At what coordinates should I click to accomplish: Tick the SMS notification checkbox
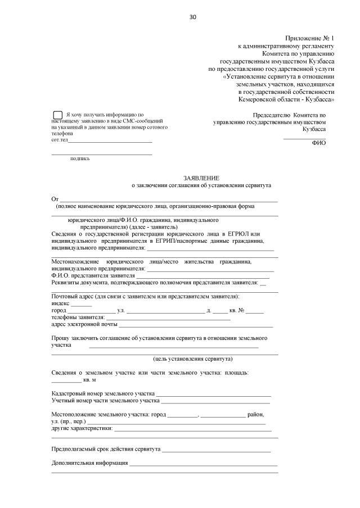57,115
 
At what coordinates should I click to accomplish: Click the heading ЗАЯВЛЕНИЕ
201,177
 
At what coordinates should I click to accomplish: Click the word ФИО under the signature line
318,143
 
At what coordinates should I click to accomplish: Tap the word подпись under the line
80,158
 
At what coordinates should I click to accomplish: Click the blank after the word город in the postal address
91,311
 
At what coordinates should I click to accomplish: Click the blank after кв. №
254,311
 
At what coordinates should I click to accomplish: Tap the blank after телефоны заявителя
172,319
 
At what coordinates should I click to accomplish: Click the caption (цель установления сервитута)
193,359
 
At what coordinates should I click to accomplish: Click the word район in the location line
255,414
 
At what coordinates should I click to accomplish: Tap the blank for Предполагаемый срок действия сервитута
217,450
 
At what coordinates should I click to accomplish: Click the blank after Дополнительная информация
203,464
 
